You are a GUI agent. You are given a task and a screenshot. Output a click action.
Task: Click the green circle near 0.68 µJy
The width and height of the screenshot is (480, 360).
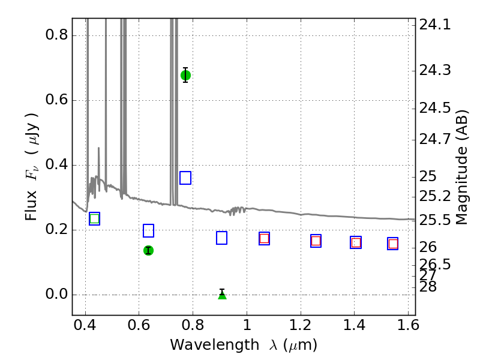pos(185,75)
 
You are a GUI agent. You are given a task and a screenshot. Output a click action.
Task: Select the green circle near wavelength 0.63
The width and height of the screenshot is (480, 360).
pos(148,250)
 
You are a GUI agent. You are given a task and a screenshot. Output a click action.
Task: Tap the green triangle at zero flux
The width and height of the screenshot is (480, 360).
pos(222,295)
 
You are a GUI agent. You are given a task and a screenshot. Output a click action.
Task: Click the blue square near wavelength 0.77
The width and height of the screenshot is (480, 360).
pos(185,178)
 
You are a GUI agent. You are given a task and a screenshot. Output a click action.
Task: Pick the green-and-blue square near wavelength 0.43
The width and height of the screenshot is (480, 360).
pos(94,218)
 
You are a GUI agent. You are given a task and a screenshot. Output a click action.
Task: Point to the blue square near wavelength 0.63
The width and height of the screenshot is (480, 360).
pos(148,230)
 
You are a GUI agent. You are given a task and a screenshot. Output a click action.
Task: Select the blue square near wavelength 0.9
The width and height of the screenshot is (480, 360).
pos(221,238)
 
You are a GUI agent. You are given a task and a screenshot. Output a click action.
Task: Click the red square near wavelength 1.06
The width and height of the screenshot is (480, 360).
pos(264,238)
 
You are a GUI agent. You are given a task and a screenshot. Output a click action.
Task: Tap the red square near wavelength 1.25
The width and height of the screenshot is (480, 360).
pos(316,241)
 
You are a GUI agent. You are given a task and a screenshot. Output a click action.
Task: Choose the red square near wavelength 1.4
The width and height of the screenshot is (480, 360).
pos(356,242)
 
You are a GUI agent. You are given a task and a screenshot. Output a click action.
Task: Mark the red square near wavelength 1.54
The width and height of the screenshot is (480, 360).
pos(393,244)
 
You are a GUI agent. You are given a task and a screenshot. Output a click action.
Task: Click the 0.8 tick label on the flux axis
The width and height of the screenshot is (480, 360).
pos(56,35)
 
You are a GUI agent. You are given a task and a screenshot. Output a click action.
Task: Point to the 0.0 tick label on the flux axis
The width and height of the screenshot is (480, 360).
pos(56,294)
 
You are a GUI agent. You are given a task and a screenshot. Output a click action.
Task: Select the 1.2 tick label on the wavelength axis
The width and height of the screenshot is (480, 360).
pos(301,325)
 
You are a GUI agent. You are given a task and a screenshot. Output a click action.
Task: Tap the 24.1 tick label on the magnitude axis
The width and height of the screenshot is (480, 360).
pos(435,24)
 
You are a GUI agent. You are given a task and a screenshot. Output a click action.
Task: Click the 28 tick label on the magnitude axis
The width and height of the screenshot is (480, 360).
pos(428,287)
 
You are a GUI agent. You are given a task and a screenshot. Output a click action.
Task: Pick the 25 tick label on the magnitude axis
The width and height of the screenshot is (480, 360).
pos(428,176)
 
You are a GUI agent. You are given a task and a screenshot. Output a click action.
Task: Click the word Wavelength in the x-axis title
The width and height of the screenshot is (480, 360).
pos(215,345)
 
